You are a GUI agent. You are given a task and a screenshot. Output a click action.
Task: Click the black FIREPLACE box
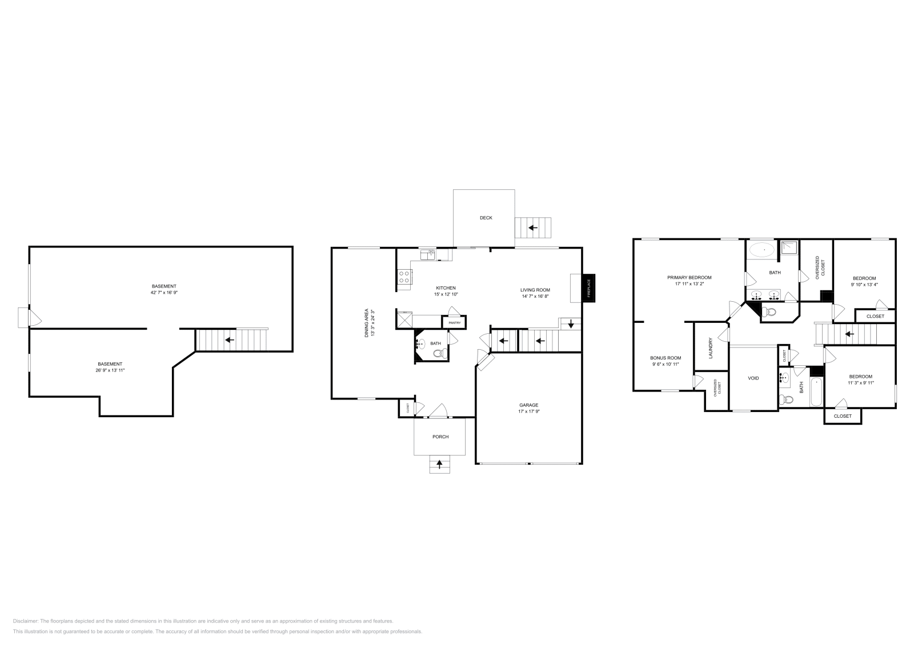tap(589, 287)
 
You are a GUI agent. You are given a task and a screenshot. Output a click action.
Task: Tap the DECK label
tap(486, 218)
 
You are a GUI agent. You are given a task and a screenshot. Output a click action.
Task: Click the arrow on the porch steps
tap(439, 465)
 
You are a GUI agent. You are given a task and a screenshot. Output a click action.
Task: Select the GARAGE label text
tap(528, 405)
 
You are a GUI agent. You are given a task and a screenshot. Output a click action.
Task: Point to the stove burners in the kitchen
tap(404, 277)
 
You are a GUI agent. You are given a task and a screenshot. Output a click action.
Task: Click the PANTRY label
tap(454, 323)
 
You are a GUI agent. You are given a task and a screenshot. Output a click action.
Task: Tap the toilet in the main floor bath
tap(439, 354)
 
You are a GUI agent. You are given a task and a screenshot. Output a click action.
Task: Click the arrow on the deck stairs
tap(533, 228)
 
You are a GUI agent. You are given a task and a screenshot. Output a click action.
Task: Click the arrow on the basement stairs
tap(230, 340)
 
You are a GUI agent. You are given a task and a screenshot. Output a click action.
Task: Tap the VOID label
tap(753, 378)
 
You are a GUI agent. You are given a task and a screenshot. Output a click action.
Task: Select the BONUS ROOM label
tap(666, 358)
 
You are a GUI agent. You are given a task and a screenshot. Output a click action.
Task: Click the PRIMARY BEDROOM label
tap(689, 277)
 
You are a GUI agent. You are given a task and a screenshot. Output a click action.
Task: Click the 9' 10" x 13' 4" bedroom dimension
tap(864, 285)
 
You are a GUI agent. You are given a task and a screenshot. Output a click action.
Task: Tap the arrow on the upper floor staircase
tap(849, 334)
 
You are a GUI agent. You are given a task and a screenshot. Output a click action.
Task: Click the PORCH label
tap(440, 437)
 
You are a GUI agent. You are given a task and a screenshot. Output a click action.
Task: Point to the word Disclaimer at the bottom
tap(25, 621)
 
